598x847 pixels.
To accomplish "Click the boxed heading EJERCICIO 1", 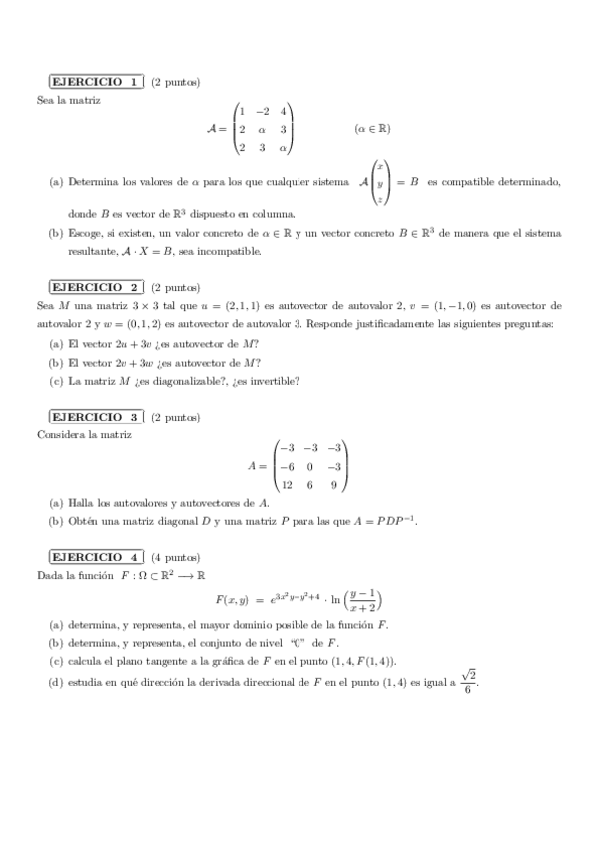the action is pyautogui.click(x=97, y=81).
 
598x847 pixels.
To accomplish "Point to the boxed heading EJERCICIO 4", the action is pyautogui.click(x=97, y=556).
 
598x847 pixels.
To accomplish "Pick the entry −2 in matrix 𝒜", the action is pyautogui.click(x=262, y=111).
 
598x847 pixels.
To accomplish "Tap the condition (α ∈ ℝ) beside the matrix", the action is pyautogui.click(x=371, y=129).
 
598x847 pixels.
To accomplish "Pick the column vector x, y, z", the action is pyautogui.click(x=380, y=183).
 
